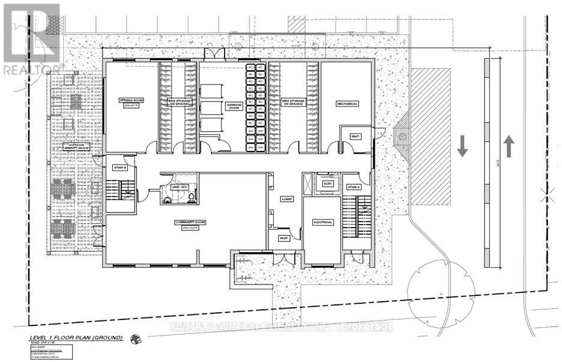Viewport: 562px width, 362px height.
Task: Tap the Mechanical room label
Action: coord(346,104)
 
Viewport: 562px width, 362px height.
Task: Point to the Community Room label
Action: coord(190,222)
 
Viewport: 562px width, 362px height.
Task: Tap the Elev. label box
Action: coord(327,184)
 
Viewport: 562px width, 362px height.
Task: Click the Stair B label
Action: coord(120,167)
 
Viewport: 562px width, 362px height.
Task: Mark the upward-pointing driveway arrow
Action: coord(509,146)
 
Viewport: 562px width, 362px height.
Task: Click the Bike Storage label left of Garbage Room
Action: coord(177,102)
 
